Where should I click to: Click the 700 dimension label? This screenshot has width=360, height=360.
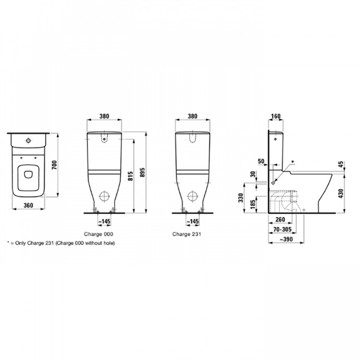[x=54, y=165]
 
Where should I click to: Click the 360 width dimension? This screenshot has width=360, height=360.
[x=28, y=205]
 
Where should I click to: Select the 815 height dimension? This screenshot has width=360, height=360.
[x=130, y=176]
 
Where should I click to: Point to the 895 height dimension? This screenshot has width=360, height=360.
[x=142, y=172]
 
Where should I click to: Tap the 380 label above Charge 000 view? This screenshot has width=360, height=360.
[x=104, y=116]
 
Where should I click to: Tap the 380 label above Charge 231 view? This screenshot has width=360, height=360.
[x=192, y=116]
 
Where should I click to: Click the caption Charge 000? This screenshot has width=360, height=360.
[x=98, y=234]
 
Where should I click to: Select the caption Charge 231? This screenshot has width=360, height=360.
[x=187, y=234]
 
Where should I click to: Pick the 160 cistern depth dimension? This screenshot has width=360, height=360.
[x=276, y=116]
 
